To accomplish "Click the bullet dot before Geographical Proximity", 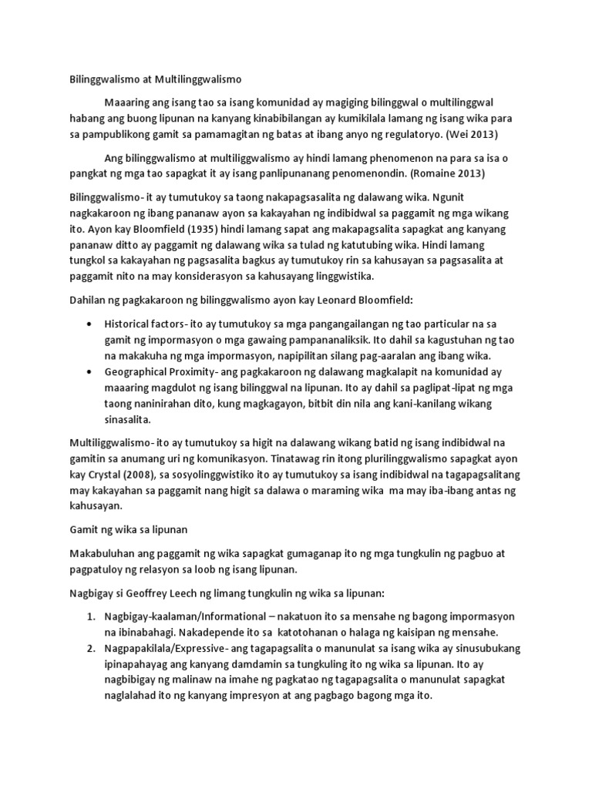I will tap(93, 373).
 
